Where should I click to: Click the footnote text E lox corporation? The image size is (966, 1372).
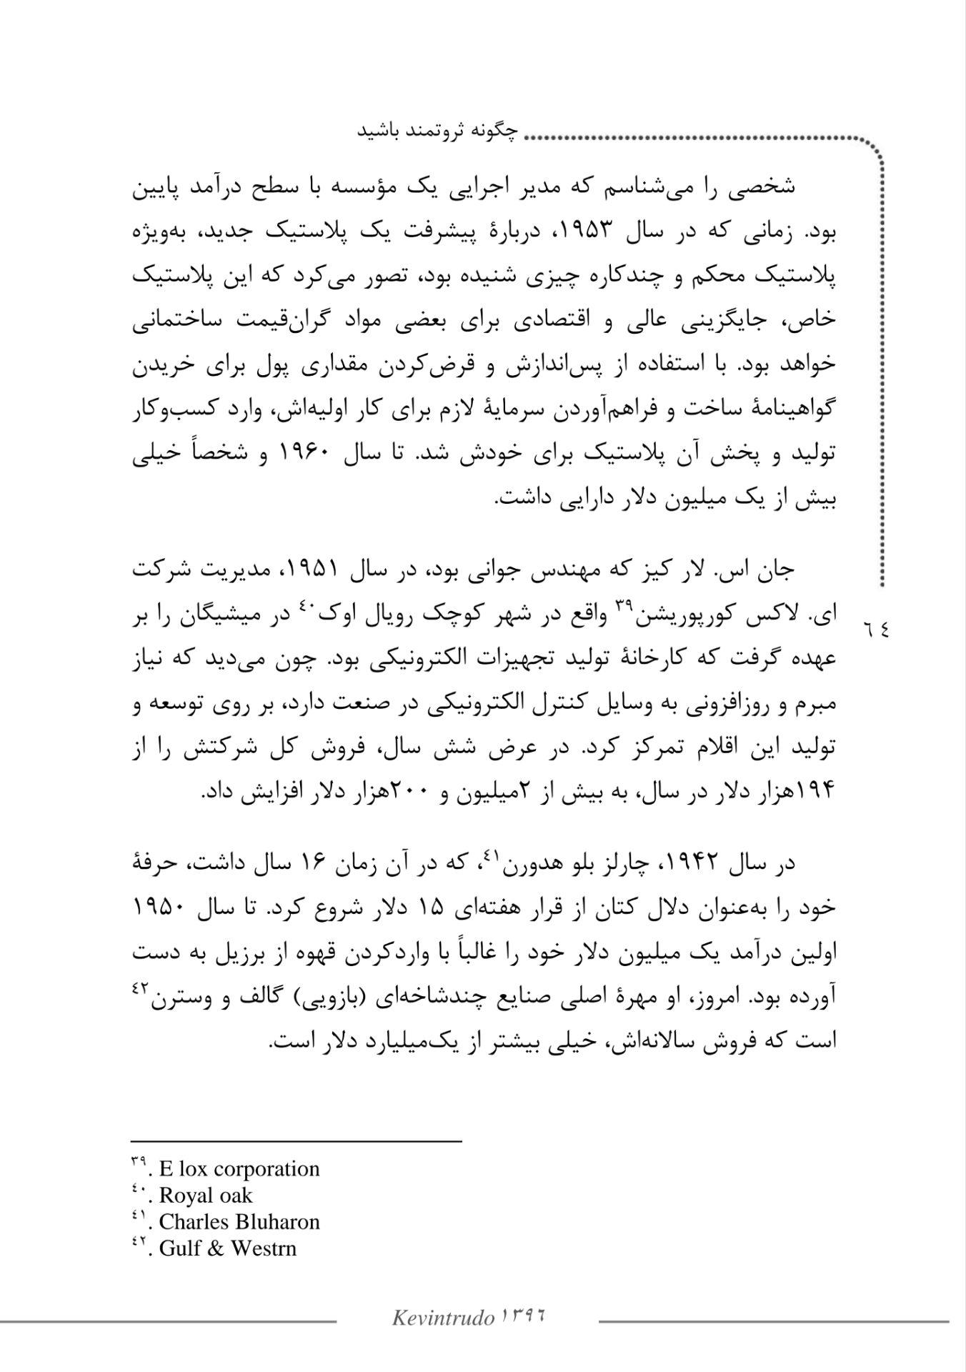(x=239, y=1169)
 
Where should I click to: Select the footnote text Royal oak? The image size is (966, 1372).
(x=206, y=1195)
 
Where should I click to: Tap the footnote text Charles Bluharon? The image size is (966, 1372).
(x=239, y=1222)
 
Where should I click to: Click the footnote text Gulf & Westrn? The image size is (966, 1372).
(x=227, y=1248)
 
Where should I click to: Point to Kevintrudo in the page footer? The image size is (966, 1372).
(x=443, y=1318)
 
